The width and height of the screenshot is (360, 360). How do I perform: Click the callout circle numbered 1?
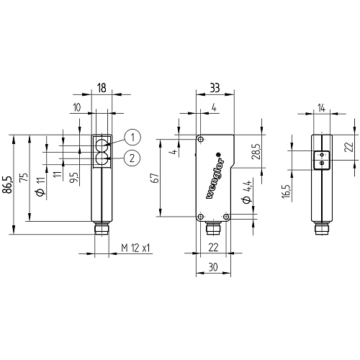tap(132, 138)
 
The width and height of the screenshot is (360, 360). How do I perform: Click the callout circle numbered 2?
tap(132, 158)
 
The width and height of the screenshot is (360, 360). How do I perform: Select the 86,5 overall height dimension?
tap(6, 184)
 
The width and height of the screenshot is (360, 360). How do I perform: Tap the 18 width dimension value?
tap(102, 88)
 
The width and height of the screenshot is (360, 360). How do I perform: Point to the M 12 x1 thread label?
tap(135, 248)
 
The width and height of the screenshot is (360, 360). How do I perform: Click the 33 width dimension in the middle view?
tap(215, 88)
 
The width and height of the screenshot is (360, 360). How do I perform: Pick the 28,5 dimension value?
tap(256, 152)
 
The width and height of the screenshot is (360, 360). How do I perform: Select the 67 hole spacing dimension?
tap(156, 178)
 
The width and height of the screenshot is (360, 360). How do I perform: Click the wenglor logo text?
tap(215, 176)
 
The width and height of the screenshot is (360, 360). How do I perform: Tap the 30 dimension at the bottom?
tap(213, 267)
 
